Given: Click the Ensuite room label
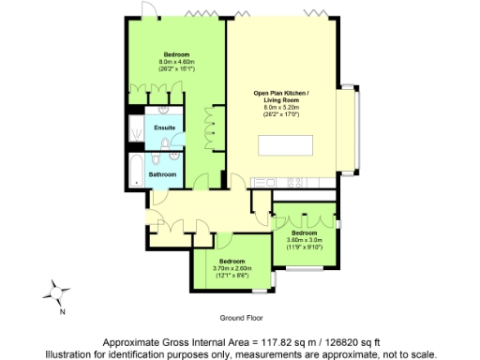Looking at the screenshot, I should [x=165, y=127].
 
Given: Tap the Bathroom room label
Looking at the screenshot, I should [x=163, y=173].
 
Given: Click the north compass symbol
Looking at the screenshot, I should [x=59, y=292].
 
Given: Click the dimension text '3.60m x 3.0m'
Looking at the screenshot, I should [x=306, y=239].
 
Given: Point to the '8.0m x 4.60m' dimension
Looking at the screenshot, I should [x=176, y=61].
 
